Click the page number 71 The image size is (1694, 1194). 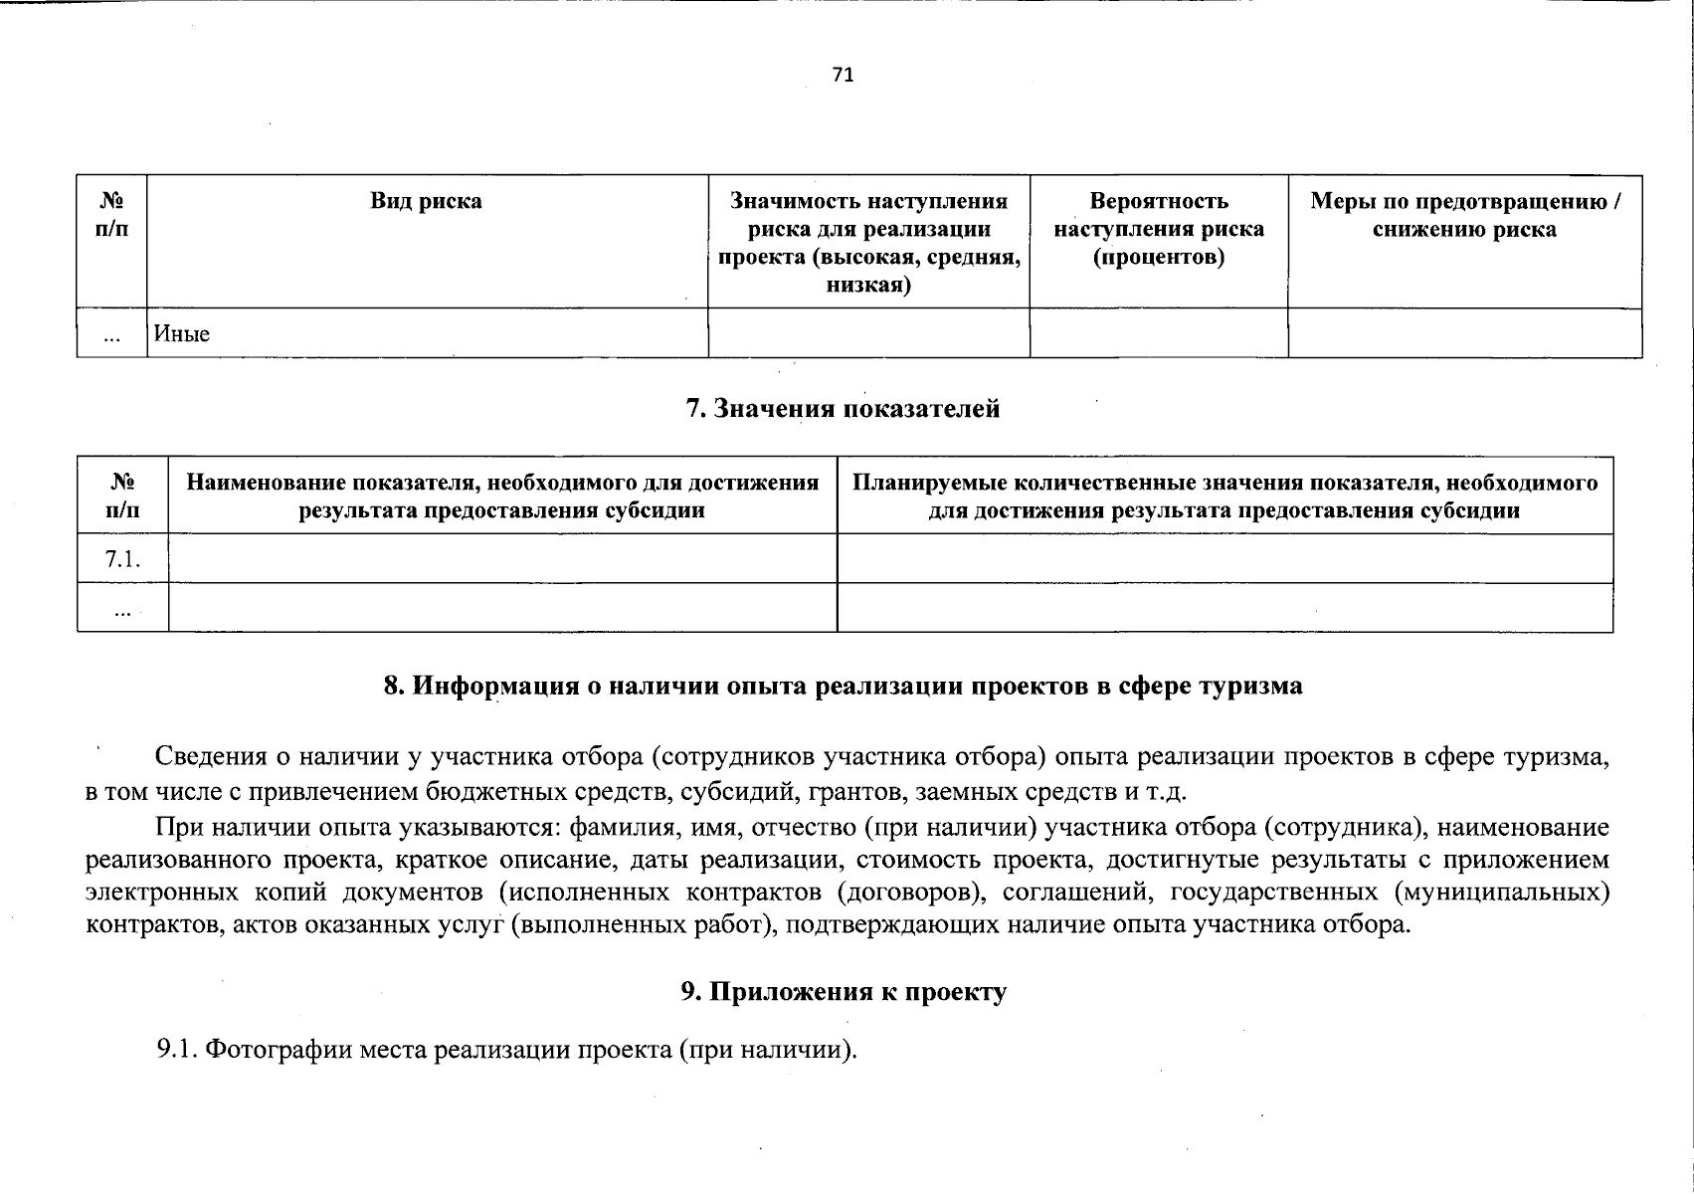pos(843,76)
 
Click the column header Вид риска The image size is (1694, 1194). pos(426,201)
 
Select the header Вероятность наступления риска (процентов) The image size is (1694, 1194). pos(1158,229)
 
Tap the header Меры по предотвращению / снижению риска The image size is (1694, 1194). pos(1464,215)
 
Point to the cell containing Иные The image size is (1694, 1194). pos(182,333)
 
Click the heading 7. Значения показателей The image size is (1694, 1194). pos(843,409)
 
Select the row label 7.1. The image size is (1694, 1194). pos(122,559)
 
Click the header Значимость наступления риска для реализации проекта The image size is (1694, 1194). pos(868,243)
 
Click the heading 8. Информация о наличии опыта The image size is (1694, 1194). pos(843,686)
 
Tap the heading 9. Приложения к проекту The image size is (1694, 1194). pos(844,991)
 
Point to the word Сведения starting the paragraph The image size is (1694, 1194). pos(210,756)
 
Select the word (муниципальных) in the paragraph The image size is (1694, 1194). pos(1503,892)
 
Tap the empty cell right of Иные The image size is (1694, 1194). pos(868,333)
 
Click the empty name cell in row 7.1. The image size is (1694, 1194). pos(502,559)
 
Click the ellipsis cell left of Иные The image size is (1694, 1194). pos(112,335)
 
